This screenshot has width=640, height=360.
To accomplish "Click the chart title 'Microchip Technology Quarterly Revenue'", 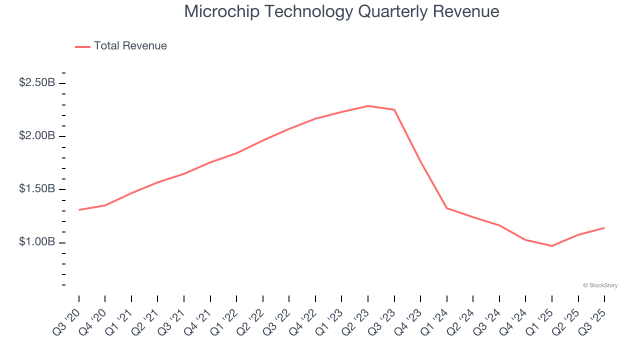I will [x=341, y=11].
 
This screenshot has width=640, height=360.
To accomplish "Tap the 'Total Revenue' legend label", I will [x=130, y=46].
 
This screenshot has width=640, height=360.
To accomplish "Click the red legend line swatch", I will [x=82, y=46].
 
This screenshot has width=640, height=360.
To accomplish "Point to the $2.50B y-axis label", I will [x=37, y=82].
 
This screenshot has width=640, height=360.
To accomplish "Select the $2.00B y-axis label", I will [x=37, y=136].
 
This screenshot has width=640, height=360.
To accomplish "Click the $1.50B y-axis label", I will [x=37, y=189].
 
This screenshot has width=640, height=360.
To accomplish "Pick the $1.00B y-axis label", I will [x=37, y=242].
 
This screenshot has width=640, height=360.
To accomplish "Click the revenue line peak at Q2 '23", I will [x=368, y=106].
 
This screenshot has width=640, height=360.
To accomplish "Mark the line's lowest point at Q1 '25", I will [x=552, y=246].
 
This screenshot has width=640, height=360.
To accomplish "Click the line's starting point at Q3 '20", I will [x=79, y=210].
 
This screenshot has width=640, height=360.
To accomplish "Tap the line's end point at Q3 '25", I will [x=604, y=228].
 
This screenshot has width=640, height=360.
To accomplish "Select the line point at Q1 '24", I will [x=447, y=208].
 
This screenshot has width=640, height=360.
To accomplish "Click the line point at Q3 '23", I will [x=394, y=109].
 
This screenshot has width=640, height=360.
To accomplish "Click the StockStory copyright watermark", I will [x=600, y=285].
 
